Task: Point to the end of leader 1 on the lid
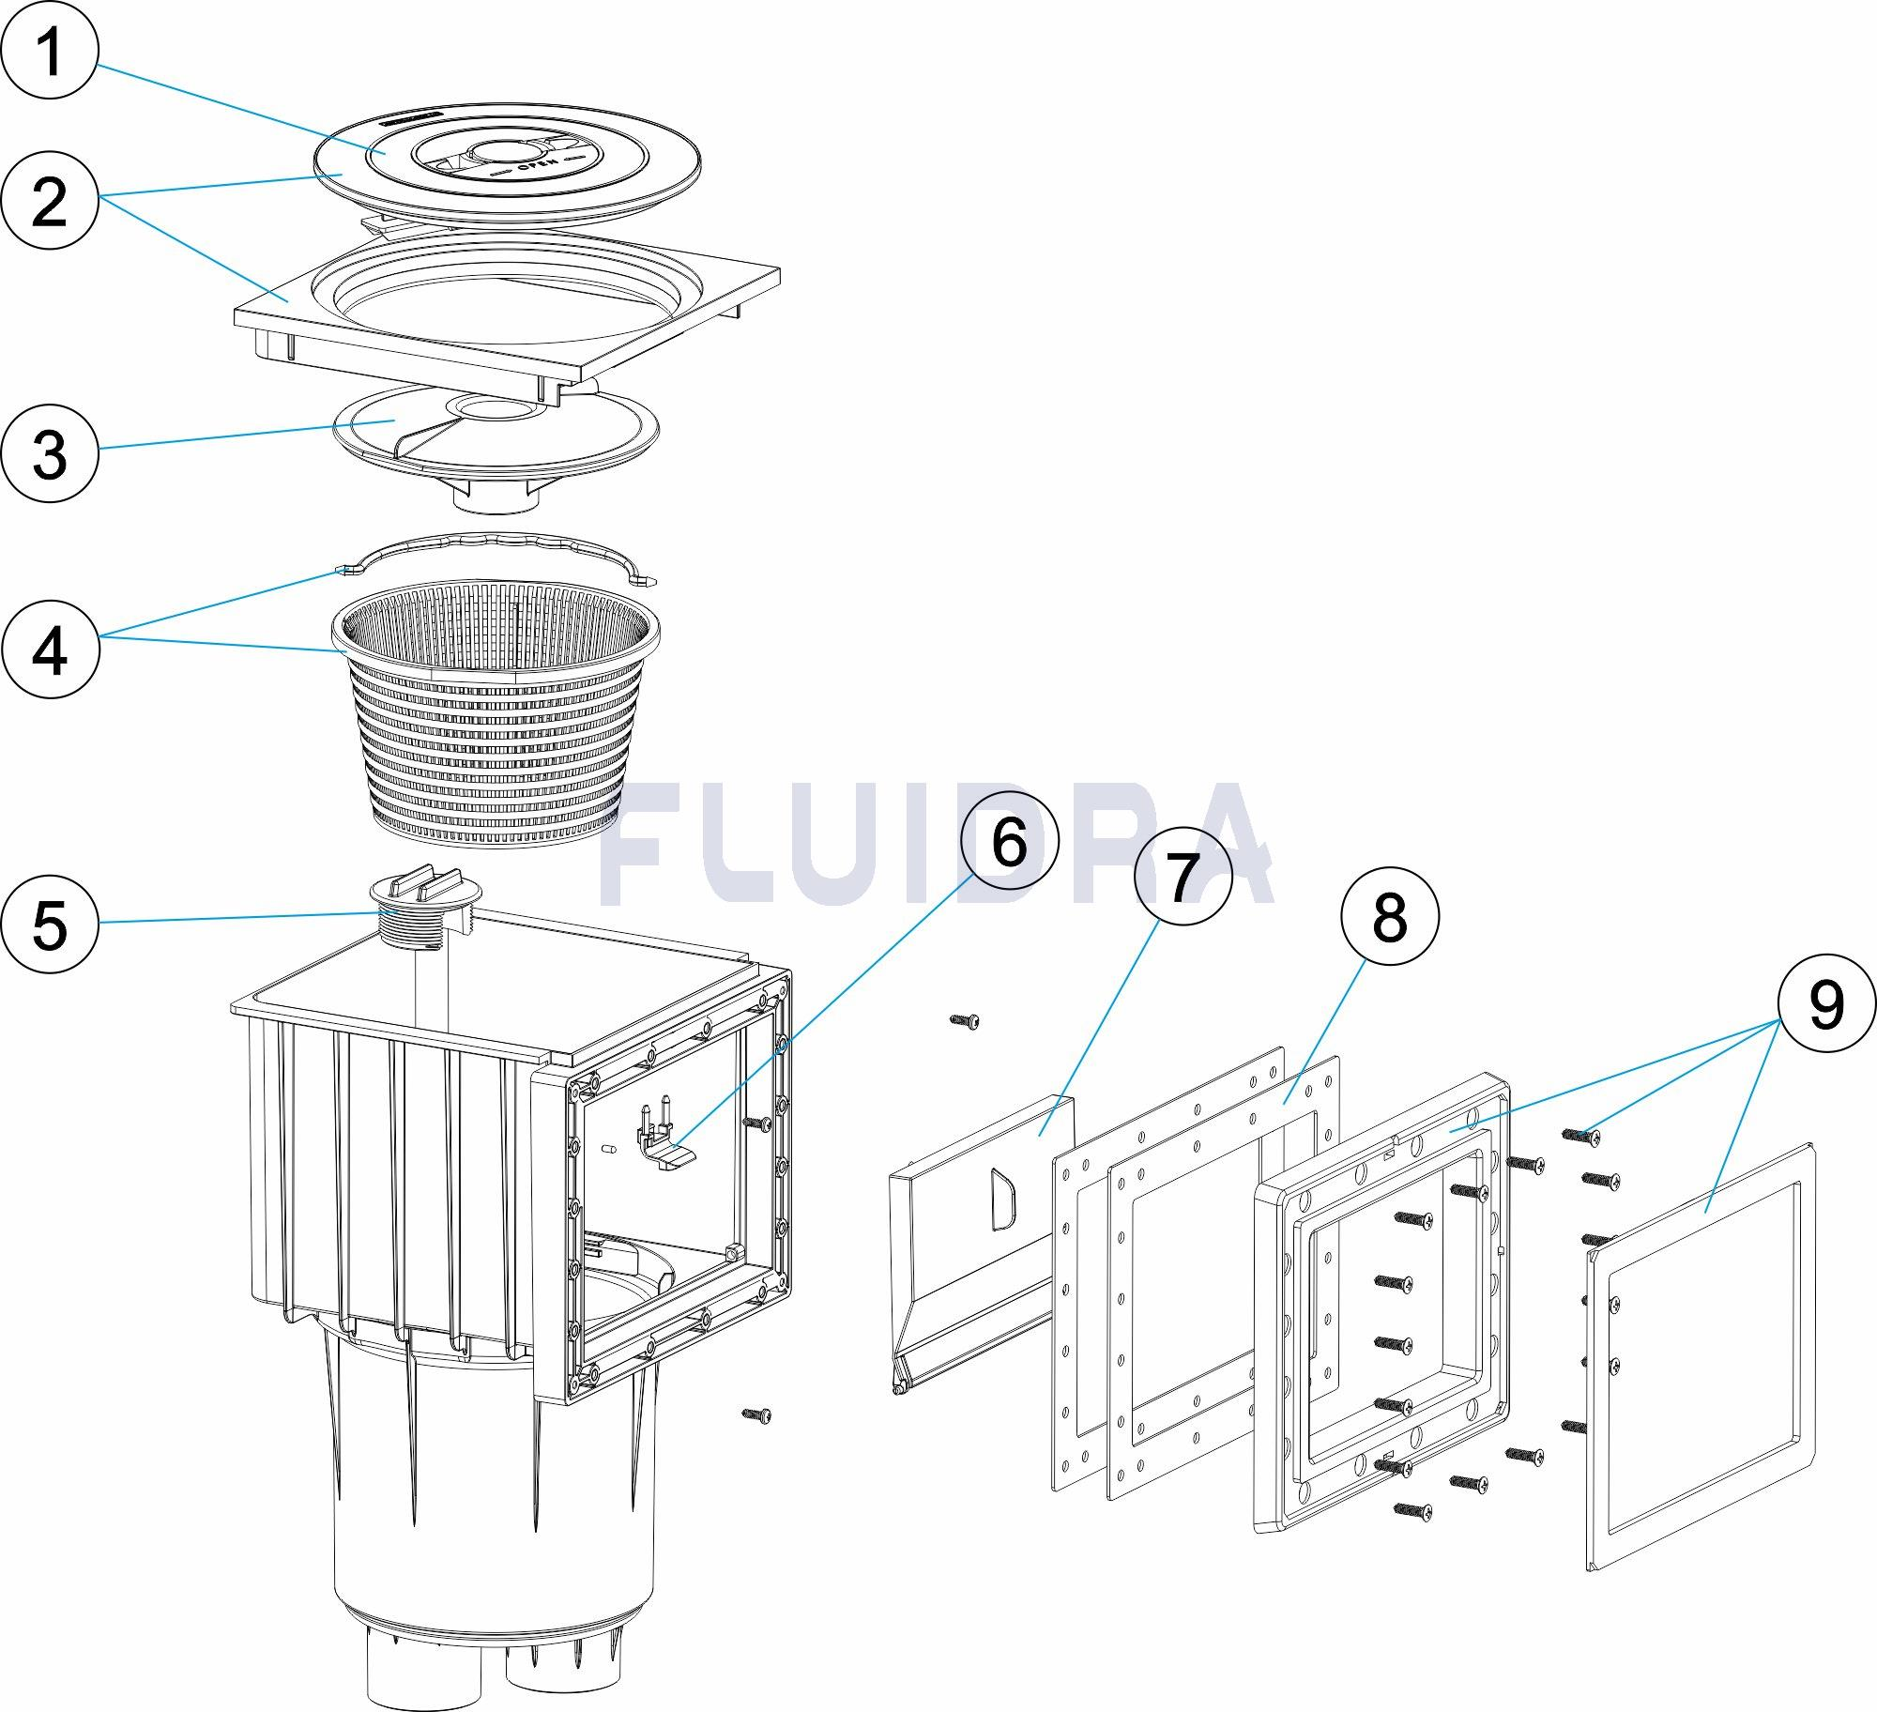click(x=383, y=152)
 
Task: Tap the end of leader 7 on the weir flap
click(x=1038, y=1135)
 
